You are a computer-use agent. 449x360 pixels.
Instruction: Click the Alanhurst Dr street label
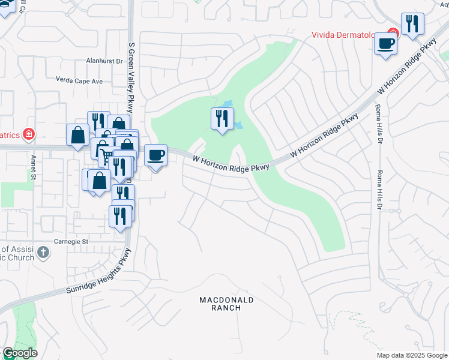click(x=104, y=61)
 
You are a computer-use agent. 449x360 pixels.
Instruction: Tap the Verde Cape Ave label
click(x=79, y=80)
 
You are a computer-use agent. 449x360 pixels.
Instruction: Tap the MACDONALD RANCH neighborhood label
click(x=226, y=303)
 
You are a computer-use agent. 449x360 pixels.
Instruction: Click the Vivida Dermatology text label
click(x=348, y=34)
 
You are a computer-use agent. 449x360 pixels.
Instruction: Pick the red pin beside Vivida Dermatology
click(x=393, y=32)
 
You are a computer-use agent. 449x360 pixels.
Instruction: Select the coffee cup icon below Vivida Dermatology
click(x=386, y=43)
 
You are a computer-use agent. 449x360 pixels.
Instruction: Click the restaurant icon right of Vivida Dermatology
click(x=412, y=24)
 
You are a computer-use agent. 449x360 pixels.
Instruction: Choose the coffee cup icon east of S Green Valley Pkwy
click(x=155, y=156)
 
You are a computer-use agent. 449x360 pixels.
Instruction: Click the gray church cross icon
click(x=43, y=252)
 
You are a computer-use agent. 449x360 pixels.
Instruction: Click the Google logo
click(x=20, y=353)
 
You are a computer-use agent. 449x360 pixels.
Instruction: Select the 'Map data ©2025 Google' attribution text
click(x=412, y=355)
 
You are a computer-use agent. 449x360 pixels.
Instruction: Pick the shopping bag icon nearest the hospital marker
click(x=78, y=136)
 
